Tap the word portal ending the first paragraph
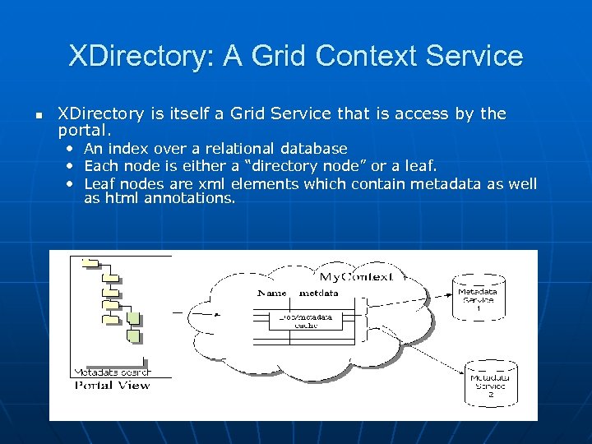point(84,131)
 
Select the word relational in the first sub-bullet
point(240,149)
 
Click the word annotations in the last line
point(189,198)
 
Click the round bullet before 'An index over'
point(72,149)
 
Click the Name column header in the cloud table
point(272,293)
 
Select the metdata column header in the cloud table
point(318,293)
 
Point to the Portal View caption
point(113,385)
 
